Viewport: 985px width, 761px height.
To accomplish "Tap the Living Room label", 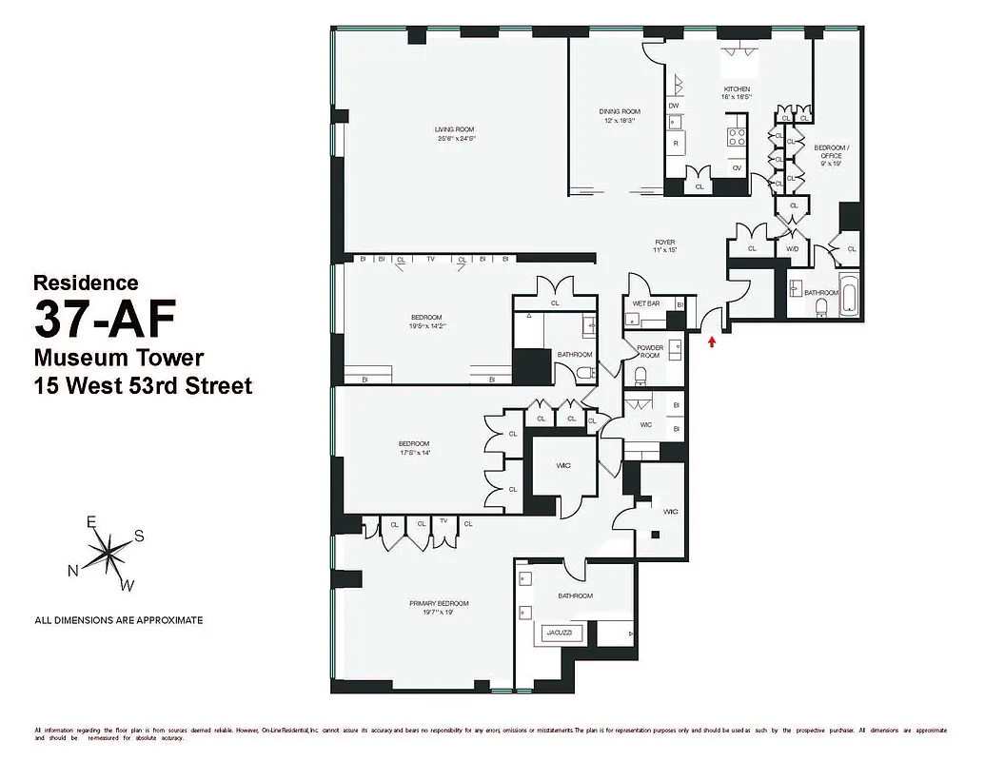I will [455, 129].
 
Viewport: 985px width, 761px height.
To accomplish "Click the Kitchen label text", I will [737, 89].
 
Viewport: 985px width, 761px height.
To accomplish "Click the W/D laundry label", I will [792, 250].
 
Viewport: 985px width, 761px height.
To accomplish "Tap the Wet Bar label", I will [646, 303].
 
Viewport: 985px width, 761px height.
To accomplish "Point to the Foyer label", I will [664, 242].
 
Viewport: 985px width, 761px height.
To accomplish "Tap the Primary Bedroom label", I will [439, 603].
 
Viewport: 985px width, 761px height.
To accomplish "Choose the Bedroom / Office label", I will [831, 151].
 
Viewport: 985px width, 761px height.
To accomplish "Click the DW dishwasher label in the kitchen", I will [674, 106].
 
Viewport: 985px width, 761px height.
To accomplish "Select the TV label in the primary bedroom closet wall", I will [443, 521].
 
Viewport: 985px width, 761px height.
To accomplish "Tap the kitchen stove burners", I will [737, 136].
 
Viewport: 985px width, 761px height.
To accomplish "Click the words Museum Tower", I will [118, 358].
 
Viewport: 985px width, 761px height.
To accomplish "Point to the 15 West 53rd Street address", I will [143, 386].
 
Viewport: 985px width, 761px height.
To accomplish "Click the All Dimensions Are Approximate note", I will [119, 620].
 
